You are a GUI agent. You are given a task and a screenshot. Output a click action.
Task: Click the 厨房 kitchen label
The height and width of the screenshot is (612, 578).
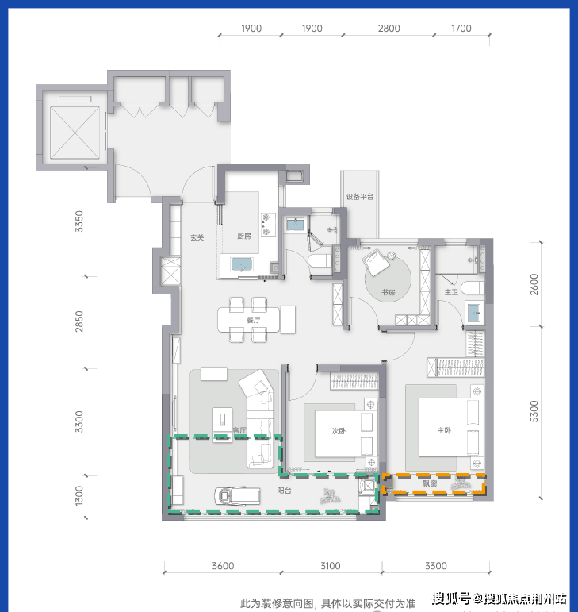tap(244, 236)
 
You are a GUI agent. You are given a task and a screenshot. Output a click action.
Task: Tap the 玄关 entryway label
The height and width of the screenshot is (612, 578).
tap(197, 237)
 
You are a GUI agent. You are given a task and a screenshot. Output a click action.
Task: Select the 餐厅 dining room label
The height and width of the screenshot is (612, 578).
tap(254, 320)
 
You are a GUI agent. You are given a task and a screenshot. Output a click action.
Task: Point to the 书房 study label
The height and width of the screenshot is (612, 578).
tap(389, 292)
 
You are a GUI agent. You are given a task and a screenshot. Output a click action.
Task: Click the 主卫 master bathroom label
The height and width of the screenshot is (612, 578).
tap(451, 292)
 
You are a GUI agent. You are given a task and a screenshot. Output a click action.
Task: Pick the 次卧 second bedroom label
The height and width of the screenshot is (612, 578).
tap(339, 431)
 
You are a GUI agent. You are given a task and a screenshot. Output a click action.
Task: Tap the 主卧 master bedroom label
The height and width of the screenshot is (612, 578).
tap(444, 430)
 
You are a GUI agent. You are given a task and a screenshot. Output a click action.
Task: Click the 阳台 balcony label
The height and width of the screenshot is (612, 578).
tap(284, 491)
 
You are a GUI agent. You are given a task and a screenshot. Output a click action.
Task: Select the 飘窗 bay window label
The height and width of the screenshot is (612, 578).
tap(430, 483)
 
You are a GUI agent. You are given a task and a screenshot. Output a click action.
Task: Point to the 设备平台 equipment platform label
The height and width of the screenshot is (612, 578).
tap(360, 197)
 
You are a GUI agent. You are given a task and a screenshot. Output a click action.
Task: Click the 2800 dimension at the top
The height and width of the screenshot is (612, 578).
tap(389, 29)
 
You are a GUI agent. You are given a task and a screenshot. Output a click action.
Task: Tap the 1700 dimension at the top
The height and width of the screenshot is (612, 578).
tap(461, 29)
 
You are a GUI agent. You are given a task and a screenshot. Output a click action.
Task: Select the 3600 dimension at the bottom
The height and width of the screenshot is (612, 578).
tap(223, 566)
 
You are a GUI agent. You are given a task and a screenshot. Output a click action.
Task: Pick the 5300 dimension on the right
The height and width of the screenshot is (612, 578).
tap(534, 411)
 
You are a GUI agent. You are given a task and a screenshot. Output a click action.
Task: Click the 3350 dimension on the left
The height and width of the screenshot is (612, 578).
tap(79, 221)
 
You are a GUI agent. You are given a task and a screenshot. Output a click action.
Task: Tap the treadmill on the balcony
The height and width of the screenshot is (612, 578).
tap(237, 496)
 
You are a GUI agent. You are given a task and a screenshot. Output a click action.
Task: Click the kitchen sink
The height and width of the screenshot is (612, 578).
tap(242, 264)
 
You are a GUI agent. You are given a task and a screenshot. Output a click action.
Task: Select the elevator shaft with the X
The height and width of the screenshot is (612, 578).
tap(75, 133)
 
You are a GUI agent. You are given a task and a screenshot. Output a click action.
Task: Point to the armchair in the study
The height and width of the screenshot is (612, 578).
tap(375, 262)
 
